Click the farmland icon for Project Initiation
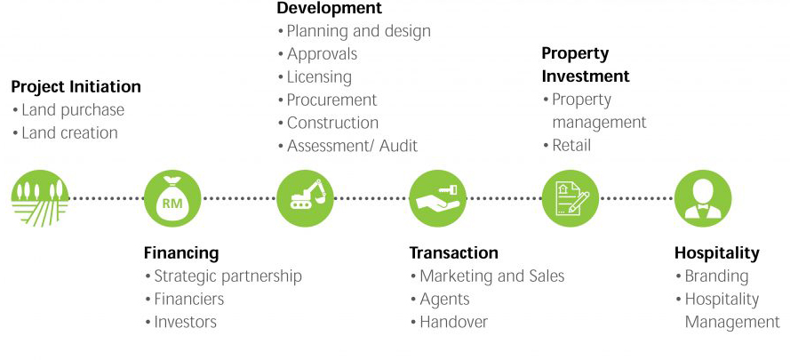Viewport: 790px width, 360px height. click(39, 198)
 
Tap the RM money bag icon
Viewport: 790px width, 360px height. click(172, 198)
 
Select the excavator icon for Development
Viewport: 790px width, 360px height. click(306, 198)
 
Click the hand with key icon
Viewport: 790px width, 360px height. click(438, 198)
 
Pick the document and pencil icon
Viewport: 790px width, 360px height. click(571, 198)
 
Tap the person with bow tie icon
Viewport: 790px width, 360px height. click(703, 198)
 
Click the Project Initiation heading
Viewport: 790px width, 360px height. click(76, 87)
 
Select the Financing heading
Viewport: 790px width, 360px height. click(181, 253)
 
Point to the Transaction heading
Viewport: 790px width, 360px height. click(453, 253)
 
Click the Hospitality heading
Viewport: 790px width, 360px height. click(716, 253)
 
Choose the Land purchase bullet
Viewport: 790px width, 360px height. click(72, 110)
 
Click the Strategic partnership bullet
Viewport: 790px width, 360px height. click(227, 276)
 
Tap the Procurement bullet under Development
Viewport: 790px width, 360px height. click(331, 100)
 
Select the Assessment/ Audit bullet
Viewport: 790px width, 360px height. click(352, 146)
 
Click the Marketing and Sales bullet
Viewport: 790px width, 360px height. click(491, 276)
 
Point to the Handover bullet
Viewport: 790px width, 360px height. click(453, 322)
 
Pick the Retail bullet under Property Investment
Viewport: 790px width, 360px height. click(571, 145)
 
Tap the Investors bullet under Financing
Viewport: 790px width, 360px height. click(185, 322)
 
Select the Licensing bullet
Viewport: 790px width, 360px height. click(319, 76)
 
